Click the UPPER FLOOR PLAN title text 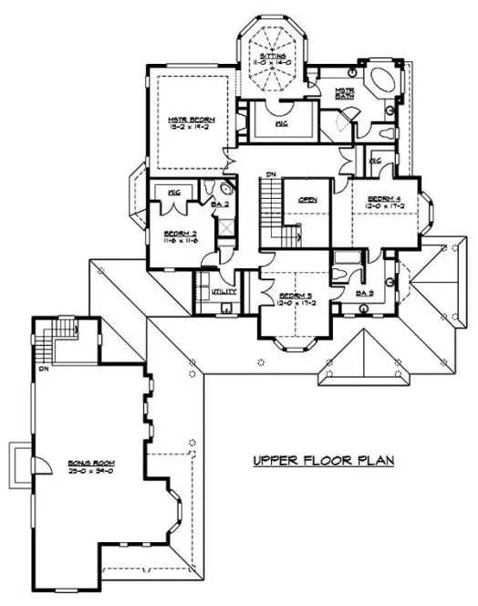323,461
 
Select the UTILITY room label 223,292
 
